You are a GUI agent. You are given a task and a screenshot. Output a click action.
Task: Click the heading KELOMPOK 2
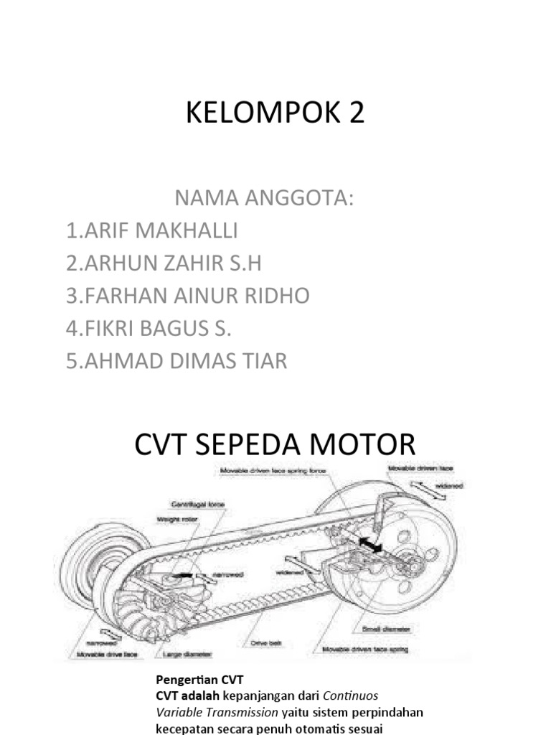pos(275,113)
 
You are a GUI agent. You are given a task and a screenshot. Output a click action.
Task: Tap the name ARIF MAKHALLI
pos(151,231)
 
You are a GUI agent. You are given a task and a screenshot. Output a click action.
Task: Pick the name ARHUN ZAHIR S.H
pos(163,263)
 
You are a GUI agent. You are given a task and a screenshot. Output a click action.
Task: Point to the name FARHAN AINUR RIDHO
pos(187,296)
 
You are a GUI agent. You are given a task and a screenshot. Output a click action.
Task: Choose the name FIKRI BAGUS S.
pos(149,328)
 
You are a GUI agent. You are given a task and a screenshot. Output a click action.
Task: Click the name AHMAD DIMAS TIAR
pos(176,360)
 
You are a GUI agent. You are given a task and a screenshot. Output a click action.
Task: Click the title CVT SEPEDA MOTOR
pos(275,444)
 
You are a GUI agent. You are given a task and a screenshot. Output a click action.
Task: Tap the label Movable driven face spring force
pos(272,471)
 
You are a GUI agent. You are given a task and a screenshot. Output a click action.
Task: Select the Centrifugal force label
pos(197,505)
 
